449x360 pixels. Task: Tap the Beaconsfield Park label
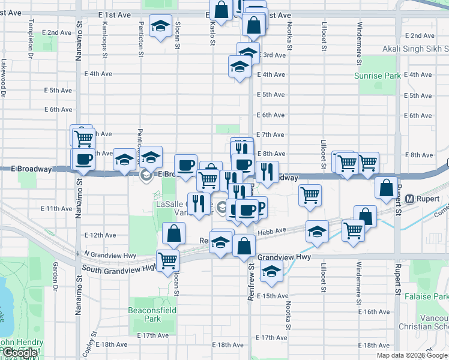[144, 314]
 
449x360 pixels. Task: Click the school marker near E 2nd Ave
[160, 26]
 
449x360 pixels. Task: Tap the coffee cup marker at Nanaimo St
[83, 159]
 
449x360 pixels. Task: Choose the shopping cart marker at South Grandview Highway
[167, 260]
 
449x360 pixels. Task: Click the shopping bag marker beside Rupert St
[386, 187]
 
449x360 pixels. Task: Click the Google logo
[20, 353]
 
